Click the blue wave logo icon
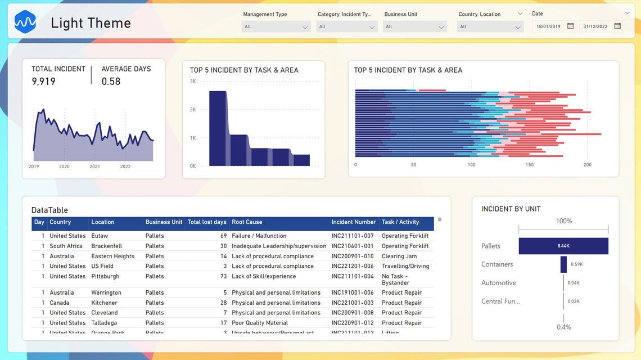click(25, 22)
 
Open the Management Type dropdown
click(276, 26)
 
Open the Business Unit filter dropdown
click(414, 26)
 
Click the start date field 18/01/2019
click(548, 26)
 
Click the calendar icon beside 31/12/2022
click(617, 26)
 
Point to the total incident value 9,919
click(44, 82)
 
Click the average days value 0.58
click(111, 82)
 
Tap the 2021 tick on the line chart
click(95, 166)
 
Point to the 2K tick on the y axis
click(193, 110)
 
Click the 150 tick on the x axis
click(530, 165)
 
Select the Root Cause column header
click(247, 222)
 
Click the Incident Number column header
click(354, 222)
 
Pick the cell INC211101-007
click(353, 236)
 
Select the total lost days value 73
click(223, 277)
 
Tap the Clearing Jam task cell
click(399, 256)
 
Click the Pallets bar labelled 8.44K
click(563, 246)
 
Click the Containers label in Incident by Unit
click(497, 264)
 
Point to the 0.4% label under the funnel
click(563, 327)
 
